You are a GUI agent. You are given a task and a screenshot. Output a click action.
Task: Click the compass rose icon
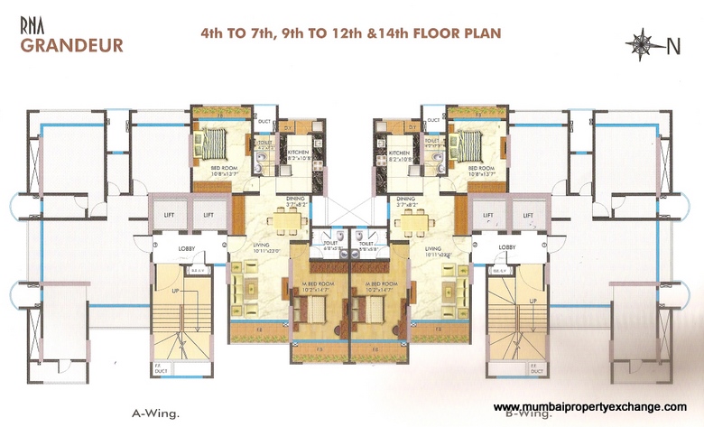pos(643,42)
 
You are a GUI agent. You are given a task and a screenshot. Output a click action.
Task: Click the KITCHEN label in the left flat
pos(299,153)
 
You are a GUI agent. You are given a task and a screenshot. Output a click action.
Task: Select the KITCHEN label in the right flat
pos(401,153)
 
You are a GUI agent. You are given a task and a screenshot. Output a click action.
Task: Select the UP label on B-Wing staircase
pos(533,301)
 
